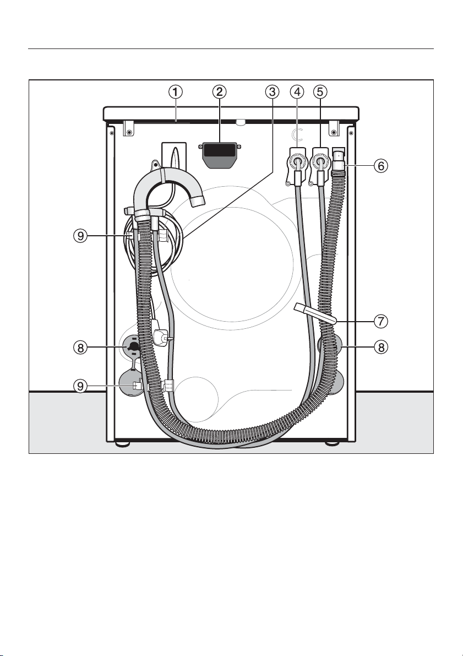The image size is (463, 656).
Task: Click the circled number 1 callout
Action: pos(176,91)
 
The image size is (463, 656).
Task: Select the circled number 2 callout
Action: pos(219,91)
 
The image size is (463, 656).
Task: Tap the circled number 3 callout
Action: pos(273,91)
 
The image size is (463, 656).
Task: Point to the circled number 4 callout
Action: pos(297,91)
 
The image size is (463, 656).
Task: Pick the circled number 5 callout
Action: pos(320,91)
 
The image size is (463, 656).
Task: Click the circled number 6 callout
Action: pos(380,166)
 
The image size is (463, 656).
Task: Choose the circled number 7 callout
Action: pos(380,321)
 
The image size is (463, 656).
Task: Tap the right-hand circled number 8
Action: pos(380,347)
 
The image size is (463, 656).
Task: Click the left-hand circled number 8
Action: pos(81,347)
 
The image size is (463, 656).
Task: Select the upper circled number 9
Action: pos(81,236)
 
